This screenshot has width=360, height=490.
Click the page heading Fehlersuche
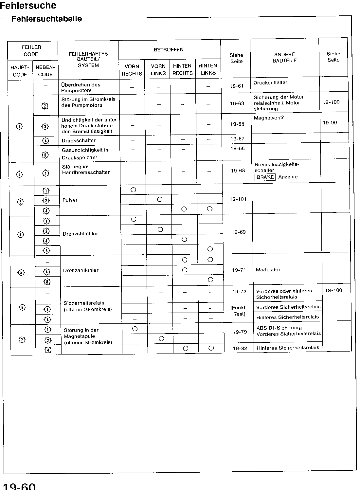28,6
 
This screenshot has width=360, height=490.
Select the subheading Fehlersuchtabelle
47,19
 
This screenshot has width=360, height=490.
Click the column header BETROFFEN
169,50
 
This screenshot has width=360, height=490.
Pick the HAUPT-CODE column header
20,71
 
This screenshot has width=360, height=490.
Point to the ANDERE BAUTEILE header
284,58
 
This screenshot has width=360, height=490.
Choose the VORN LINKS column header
158,70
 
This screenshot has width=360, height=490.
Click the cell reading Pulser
70,200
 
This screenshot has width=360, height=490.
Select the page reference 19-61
237,86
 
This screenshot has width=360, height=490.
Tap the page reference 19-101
238,199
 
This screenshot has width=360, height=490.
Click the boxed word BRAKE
265,177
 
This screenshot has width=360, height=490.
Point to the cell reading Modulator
268,270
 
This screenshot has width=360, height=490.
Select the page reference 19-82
240,348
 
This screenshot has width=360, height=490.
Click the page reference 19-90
330,123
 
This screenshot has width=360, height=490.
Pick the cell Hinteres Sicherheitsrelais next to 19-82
288,348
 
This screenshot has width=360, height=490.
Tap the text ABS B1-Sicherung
279,328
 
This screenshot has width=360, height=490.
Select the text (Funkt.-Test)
239,311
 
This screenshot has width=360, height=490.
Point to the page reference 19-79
240,332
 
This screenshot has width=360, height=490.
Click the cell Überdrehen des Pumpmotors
81,87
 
